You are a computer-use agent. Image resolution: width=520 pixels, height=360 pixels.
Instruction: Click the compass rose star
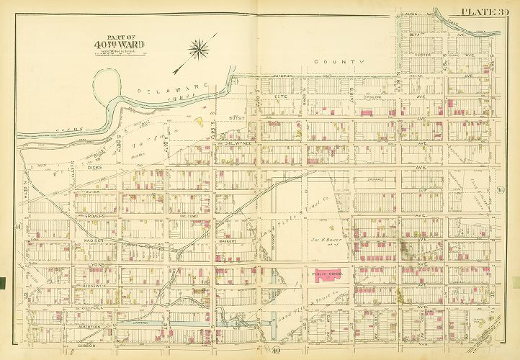198,49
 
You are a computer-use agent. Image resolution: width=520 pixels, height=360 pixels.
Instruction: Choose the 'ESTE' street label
282,96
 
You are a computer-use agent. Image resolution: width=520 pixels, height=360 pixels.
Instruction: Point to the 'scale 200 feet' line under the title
118,53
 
